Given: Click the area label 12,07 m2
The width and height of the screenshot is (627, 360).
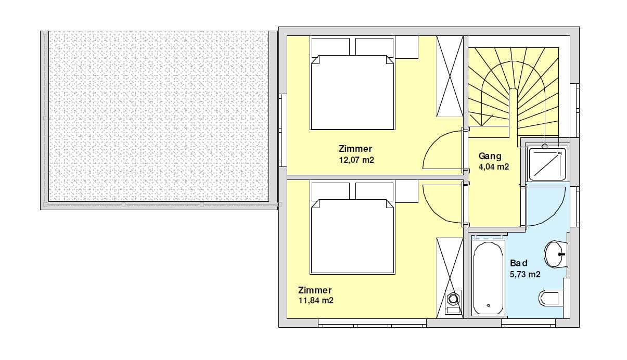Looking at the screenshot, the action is click(356, 160).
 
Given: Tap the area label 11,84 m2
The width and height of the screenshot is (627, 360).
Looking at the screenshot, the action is click(316, 301).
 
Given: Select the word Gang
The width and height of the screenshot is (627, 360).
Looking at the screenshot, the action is click(490, 157).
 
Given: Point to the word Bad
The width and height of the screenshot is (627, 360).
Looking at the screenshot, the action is click(519, 263).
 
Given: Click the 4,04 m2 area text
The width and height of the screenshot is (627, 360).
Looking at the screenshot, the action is click(494, 167).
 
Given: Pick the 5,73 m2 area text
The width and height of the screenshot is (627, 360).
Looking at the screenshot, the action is click(525, 274).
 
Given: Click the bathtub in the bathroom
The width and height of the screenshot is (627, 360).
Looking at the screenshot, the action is click(488, 278).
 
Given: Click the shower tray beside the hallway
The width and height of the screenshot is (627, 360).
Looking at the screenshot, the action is click(547, 164).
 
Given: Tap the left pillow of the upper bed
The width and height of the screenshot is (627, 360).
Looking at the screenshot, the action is click(330, 47).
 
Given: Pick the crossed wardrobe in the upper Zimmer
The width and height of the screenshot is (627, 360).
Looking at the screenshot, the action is click(450, 76).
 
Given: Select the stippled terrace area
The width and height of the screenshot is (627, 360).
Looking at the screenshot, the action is click(159, 116).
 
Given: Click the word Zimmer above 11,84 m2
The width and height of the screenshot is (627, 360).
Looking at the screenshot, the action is click(315, 290).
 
